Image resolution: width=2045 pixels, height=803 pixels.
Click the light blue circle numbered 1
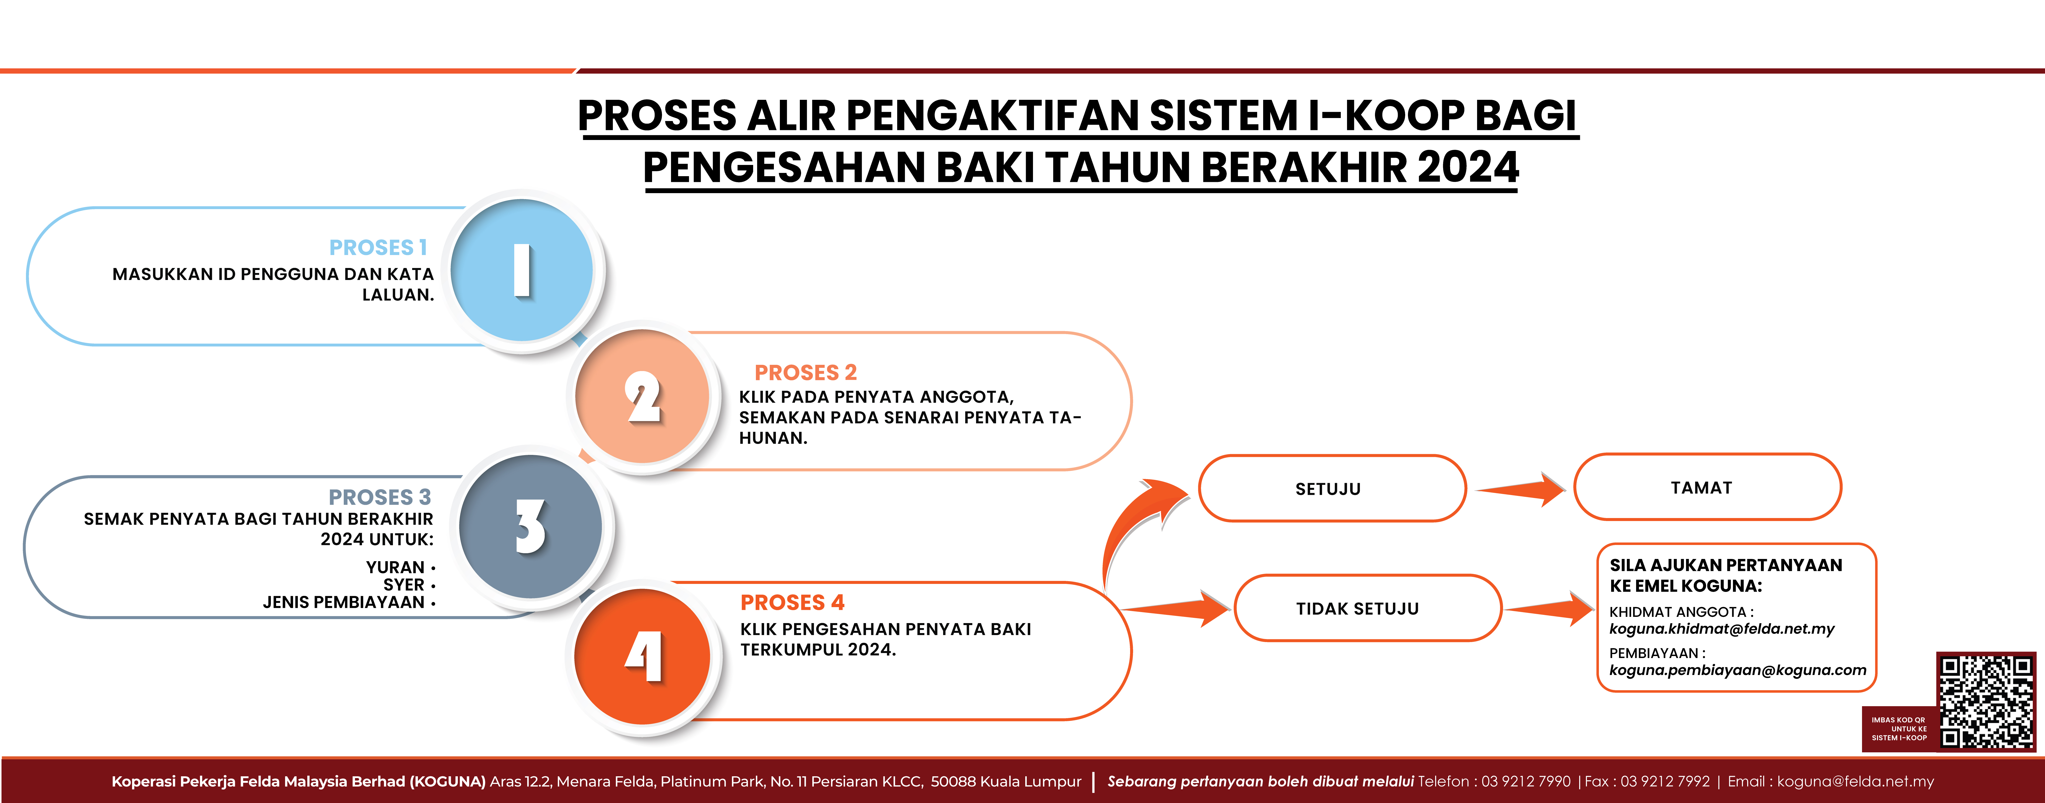[x=521, y=270]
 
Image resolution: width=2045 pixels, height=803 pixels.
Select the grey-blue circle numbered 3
[x=530, y=526]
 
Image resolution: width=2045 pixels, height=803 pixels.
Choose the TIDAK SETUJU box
[x=1368, y=608]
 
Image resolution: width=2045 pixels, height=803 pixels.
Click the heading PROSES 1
[x=378, y=248]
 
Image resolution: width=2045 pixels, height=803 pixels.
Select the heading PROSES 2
[x=805, y=372]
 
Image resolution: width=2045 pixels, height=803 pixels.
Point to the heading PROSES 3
[x=379, y=497]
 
